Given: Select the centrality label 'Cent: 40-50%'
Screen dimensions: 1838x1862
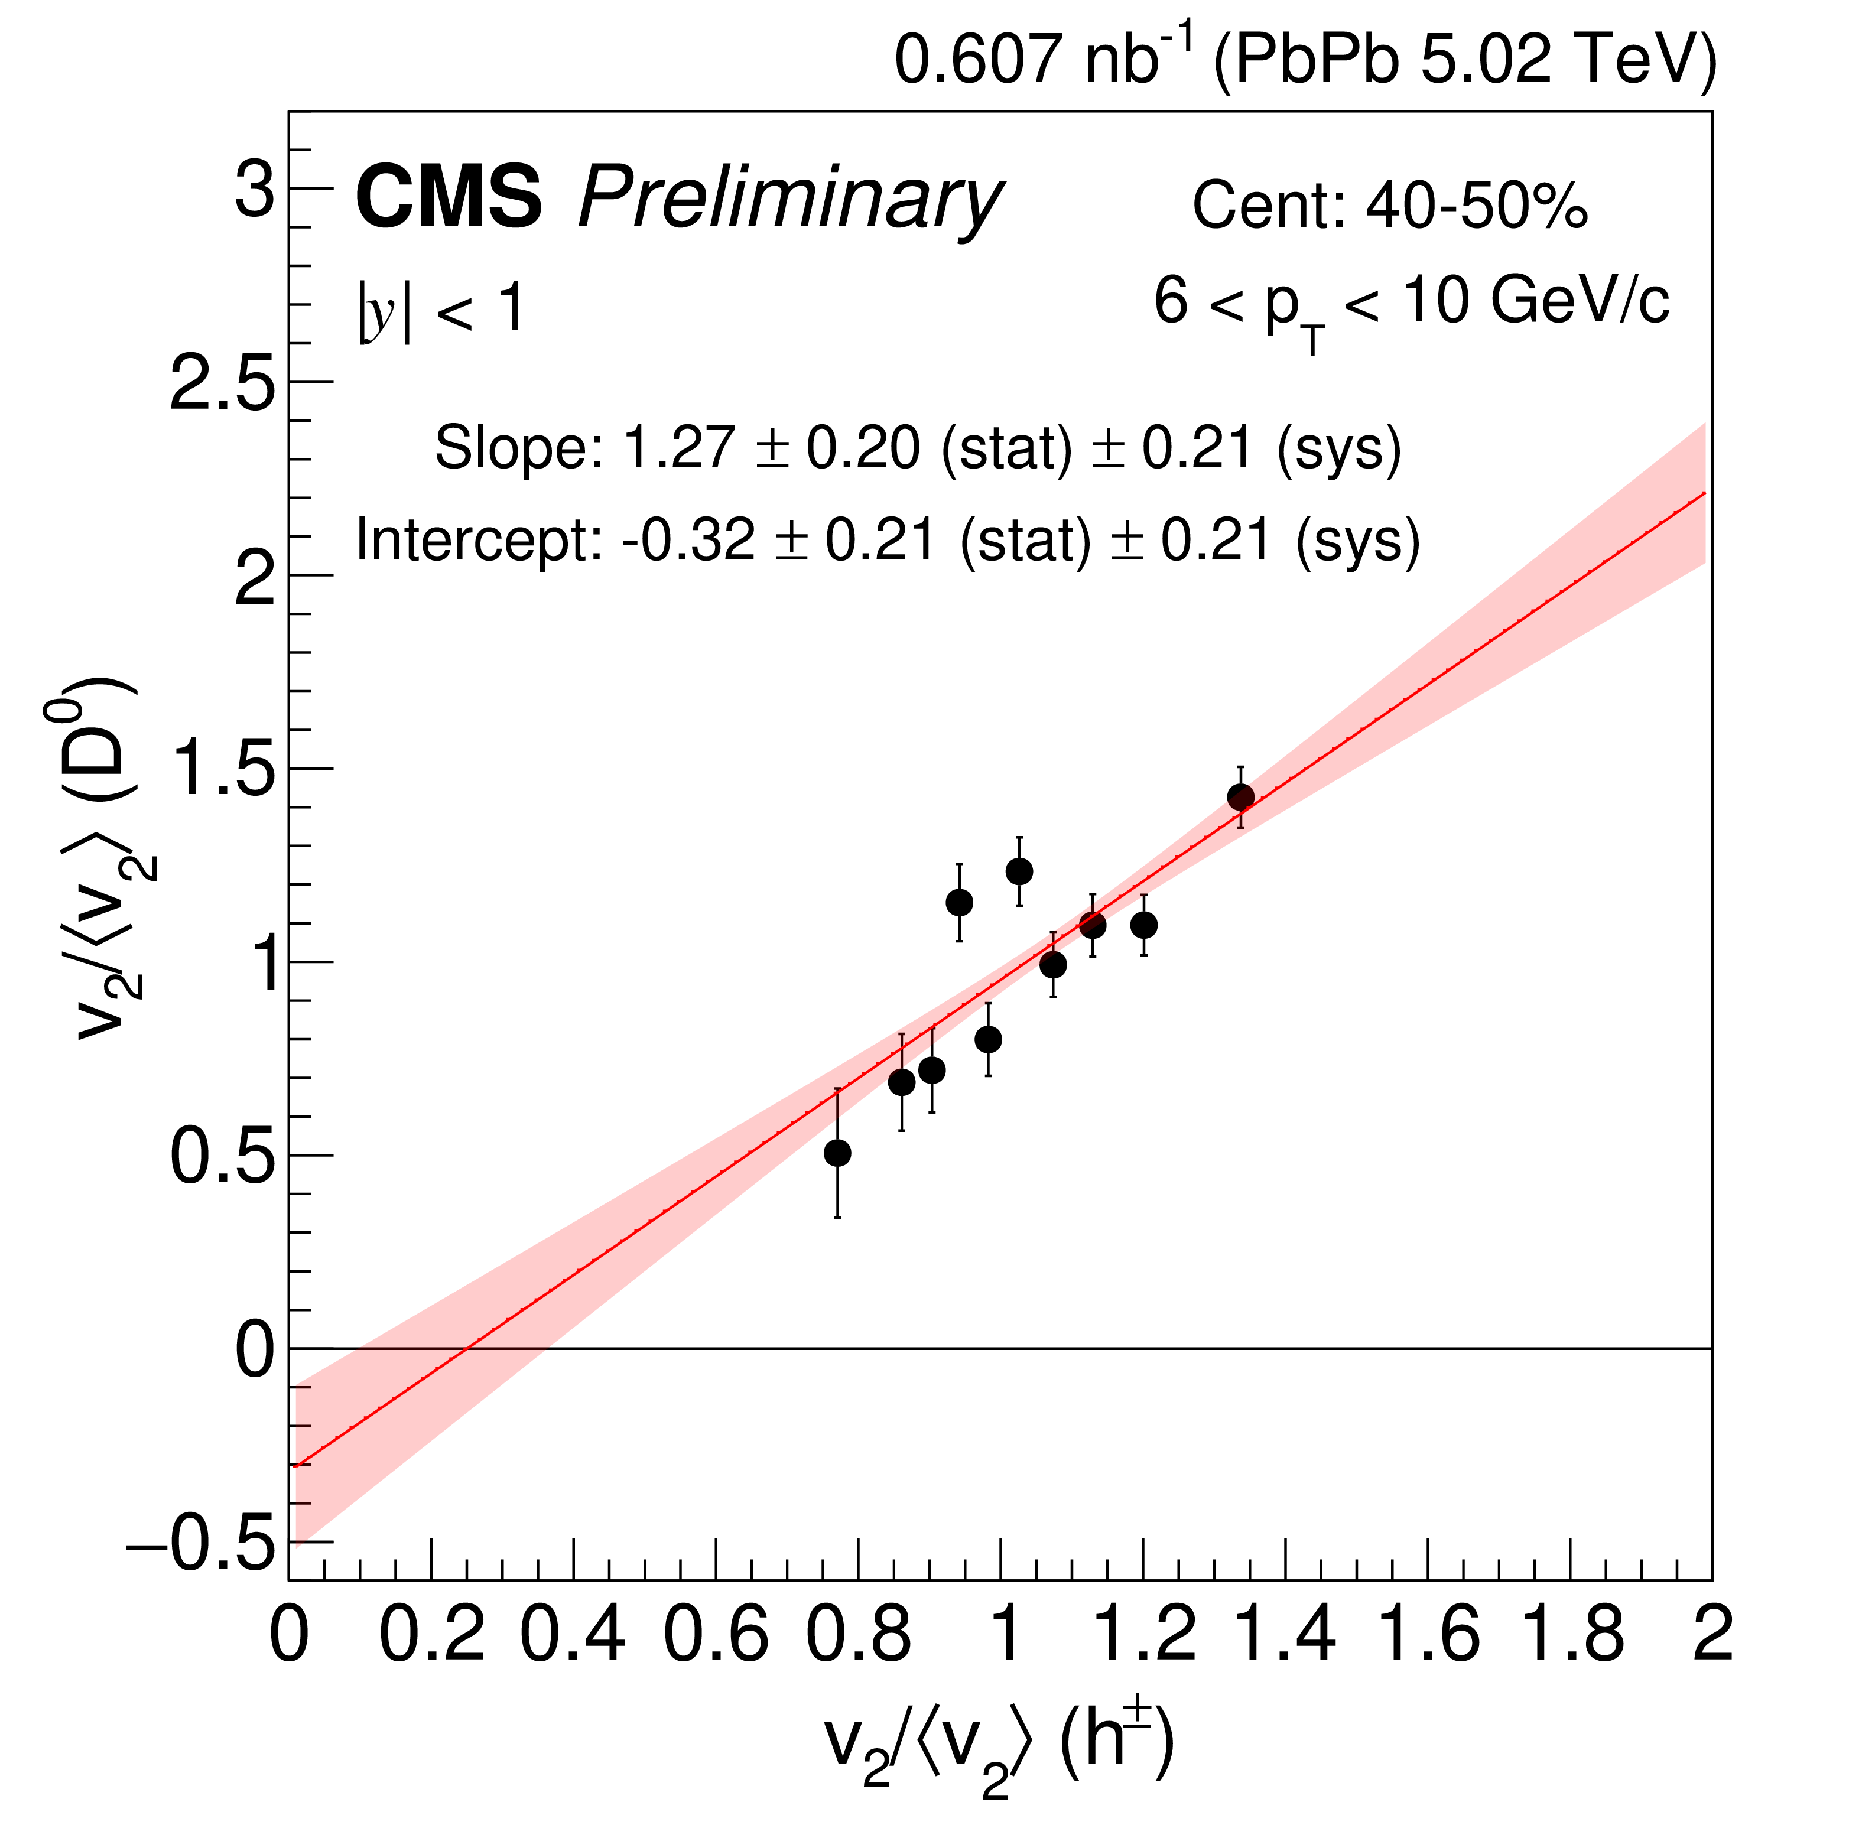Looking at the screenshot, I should click(1389, 205).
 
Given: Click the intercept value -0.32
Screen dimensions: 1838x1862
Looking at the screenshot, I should click(688, 540).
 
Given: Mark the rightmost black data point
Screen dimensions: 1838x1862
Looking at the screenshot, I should click(1240, 797).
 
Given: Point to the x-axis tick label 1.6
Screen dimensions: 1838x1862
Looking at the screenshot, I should click(1428, 1635).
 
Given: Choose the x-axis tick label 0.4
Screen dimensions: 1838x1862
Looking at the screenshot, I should click(573, 1635).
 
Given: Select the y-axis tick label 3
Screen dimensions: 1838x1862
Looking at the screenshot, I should click(255, 190).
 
